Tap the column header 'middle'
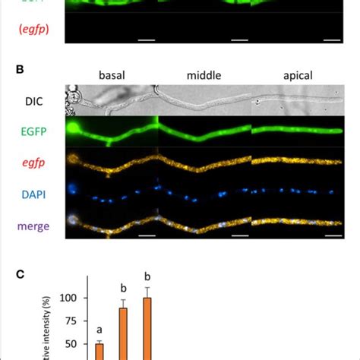[204, 75]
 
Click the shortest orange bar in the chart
[99, 352]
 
